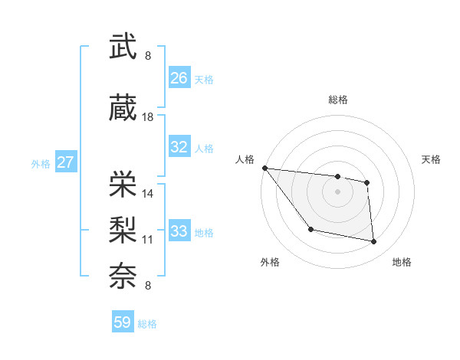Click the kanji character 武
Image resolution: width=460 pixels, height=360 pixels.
click(x=123, y=47)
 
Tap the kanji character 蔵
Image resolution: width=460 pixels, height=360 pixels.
click(x=123, y=108)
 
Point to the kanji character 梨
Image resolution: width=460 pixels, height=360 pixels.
click(x=123, y=229)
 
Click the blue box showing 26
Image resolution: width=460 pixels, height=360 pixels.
click(x=179, y=78)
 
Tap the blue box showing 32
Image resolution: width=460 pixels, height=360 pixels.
click(x=179, y=147)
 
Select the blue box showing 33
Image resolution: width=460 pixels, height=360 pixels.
click(x=179, y=231)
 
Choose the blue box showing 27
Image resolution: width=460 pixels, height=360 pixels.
click(x=65, y=162)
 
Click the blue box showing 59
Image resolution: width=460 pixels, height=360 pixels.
click(x=123, y=322)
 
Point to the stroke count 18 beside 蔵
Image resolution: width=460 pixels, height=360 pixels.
click(x=148, y=117)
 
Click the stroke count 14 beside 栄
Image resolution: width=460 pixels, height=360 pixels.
click(x=148, y=193)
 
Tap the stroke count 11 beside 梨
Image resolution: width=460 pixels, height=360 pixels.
click(x=148, y=239)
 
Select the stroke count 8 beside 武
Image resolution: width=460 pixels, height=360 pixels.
click(x=148, y=56)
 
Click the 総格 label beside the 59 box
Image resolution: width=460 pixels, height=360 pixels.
click(x=147, y=324)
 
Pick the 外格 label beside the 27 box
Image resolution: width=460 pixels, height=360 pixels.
click(x=41, y=163)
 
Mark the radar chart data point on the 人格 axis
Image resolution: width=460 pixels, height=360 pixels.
click(x=264, y=168)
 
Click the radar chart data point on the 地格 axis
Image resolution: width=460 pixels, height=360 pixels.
click(x=374, y=242)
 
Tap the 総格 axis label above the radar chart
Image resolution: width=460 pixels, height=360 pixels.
click(x=338, y=100)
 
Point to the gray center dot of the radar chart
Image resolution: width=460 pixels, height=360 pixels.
click(x=338, y=191)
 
